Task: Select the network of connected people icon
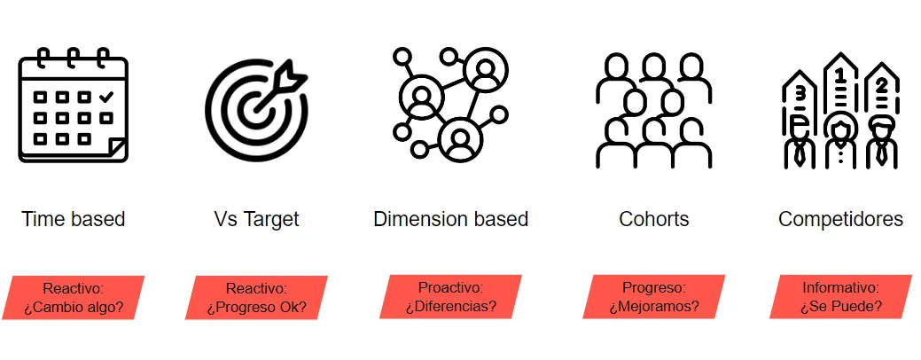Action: (449, 105)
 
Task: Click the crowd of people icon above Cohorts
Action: (653, 111)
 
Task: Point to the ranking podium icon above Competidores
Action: (839, 111)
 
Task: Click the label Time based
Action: (74, 219)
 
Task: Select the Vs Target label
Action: (256, 219)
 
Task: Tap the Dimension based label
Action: (450, 219)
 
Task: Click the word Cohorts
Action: (653, 219)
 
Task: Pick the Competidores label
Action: (840, 219)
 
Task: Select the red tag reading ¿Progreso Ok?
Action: (256, 298)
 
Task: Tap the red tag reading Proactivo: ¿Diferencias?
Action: (450, 297)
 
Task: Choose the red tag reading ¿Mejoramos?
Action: (653, 297)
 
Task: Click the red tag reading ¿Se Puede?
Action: (840, 297)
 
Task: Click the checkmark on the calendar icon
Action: (106, 95)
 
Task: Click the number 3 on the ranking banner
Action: (800, 90)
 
